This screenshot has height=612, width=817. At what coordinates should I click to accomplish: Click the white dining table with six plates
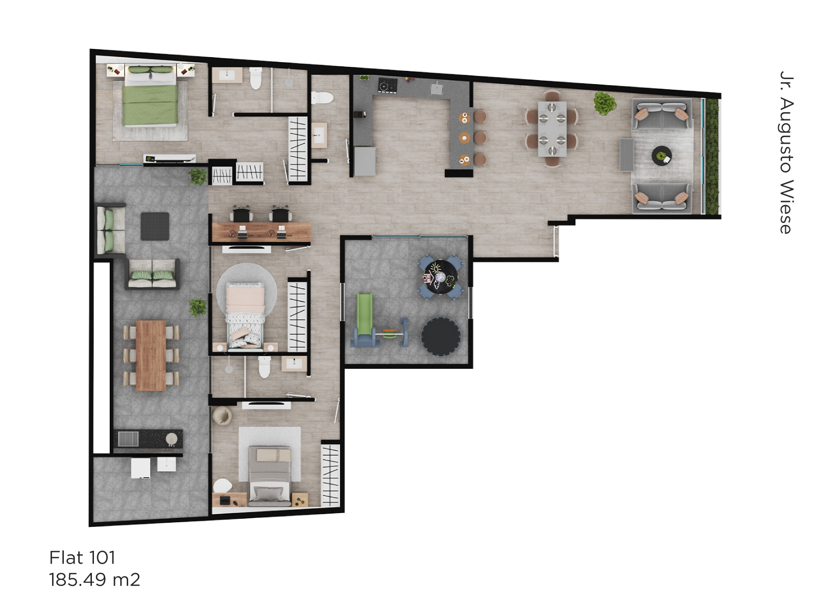pyautogui.click(x=552, y=129)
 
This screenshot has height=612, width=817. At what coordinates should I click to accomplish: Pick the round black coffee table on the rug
pyautogui.click(x=661, y=156)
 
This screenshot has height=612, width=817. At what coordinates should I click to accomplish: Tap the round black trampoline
pyautogui.click(x=441, y=336)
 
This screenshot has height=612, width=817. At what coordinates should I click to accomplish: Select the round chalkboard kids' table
pyautogui.click(x=441, y=277)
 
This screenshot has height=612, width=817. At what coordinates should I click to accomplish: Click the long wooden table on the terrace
pyautogui.click(x=151, y=355)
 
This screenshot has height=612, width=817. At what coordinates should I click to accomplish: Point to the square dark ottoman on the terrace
pyautogui.click(x=155, y=226)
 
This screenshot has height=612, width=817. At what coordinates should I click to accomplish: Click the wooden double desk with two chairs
pyautogui.click(x=261, y=232)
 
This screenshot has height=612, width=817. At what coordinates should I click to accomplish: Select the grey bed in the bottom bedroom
pyautogui.click(x=270, y=475)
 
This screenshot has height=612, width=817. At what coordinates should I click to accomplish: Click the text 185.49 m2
pyautogui.click(x=94, y=580)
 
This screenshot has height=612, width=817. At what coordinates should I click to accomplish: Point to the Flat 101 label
pyautogui.click(x=82, y=558)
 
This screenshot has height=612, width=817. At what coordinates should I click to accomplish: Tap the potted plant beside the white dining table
pyautogui.click(x=605, y=104)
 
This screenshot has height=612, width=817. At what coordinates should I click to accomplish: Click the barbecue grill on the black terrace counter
pyautogui.click(x=128, y=439)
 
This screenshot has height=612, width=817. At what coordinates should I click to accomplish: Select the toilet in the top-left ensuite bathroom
pyautogui.click(x=255, y=79)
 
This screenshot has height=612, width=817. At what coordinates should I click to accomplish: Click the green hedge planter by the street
pyautogui.click(x=712, y=157)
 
